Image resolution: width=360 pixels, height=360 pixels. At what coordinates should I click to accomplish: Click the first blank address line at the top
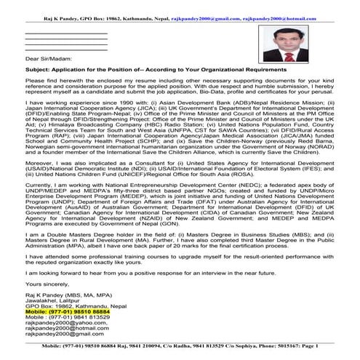[65, 33]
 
